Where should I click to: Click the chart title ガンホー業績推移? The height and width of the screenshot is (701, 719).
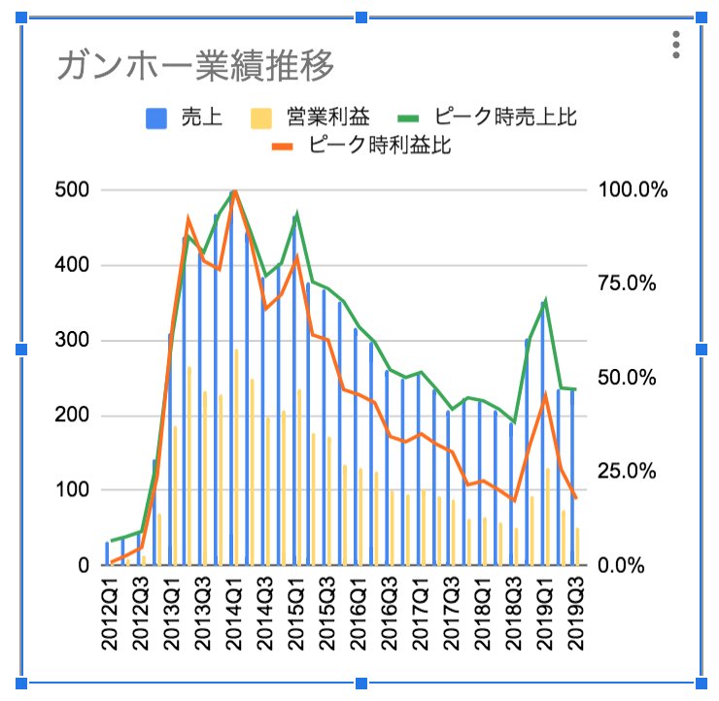point(196,66)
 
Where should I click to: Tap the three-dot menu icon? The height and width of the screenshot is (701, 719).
point(677,46)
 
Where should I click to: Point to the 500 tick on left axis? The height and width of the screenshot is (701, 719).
point(76,189)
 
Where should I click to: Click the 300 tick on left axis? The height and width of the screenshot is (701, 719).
point(76,340)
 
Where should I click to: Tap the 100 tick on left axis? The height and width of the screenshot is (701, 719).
point(76,490)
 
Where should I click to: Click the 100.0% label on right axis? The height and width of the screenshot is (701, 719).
point(633,189)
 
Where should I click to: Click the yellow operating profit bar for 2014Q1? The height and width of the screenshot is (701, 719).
point(236,456)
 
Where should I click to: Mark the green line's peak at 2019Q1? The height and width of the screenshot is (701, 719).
point(546,301)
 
